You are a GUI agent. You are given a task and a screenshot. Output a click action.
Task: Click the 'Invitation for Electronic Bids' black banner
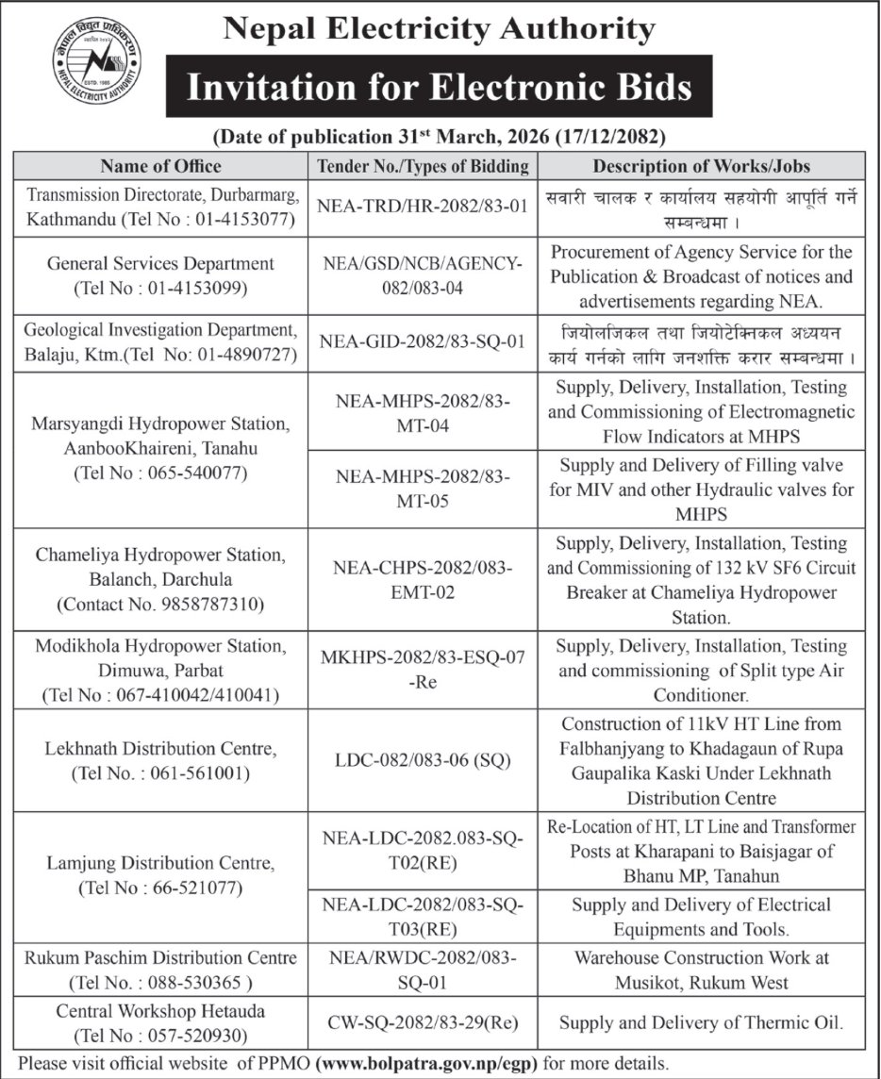pos(439,89)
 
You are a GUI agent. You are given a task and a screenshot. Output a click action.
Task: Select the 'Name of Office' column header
pos(160,166)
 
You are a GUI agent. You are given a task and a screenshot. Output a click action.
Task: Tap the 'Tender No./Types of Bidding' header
pos(423,166)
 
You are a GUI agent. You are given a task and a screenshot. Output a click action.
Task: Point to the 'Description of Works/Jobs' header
pos(701,166)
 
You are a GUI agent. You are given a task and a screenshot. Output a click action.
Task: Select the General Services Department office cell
pos(160,276)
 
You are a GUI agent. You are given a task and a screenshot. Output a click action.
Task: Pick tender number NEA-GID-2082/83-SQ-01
pos(423,341)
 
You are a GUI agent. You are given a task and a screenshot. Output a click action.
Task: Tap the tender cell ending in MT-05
pos(423,489)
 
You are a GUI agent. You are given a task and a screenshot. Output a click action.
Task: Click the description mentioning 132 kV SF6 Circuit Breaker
pos(701,580)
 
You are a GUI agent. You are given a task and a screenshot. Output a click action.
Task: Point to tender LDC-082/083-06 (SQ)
pos(423,761)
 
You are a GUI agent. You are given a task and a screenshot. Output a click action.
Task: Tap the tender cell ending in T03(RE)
pos(423,917)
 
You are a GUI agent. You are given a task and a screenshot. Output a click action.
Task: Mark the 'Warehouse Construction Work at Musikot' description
pos(701,970)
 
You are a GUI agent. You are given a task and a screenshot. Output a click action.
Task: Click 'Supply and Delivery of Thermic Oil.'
pos(701,1021)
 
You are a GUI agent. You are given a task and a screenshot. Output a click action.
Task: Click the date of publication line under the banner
pos(440,136)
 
